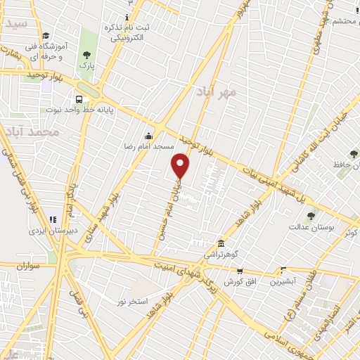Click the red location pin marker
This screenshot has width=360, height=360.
(x=181, y=166)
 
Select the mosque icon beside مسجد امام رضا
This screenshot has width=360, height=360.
(x=148, y=136)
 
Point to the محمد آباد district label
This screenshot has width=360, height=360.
(x=30, y=131)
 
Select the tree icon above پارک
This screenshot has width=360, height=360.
(x=86, y=54)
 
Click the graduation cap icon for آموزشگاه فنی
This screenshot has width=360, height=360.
(x=46, y=36)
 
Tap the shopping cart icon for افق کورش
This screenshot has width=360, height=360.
(x=240, y=270)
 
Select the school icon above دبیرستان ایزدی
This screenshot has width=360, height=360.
(x=53, y=219)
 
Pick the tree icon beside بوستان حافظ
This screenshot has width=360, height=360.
(x=354, y=154)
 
